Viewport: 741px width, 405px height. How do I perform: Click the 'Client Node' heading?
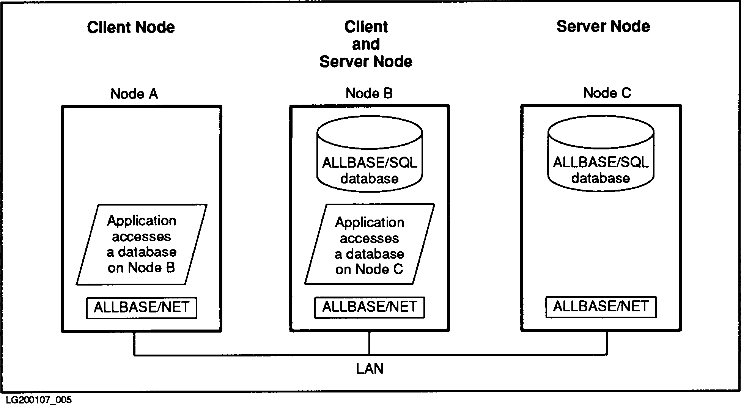coord(131,27)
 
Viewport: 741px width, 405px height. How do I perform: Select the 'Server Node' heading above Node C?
coord(603,26)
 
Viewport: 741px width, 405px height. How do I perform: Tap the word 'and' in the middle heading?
coord(366,44)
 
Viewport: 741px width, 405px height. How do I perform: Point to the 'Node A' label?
coord(134,94)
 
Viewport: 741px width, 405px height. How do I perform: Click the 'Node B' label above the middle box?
coord(369,93)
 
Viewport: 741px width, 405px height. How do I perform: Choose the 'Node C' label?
coord(607,93)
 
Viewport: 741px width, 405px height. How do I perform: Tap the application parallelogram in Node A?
coord(142,245)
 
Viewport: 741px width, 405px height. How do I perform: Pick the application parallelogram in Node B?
coord(370,245)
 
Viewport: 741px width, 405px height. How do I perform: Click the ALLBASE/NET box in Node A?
coord(142,308)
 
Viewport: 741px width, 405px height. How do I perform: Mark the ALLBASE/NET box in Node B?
coord(370,307)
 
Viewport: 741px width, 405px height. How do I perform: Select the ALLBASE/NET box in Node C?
coord(601,306)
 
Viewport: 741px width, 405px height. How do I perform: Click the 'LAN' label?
coord(370,369)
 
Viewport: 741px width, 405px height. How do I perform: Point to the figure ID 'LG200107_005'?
coord(39,400)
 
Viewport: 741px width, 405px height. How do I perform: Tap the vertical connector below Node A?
coord(134,344)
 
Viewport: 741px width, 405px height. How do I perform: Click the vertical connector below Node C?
coord(607,343)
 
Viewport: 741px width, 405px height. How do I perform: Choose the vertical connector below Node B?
coord(369,343)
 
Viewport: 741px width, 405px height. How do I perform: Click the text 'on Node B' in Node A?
coord(141,268)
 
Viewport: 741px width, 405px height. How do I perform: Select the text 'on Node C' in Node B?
coord(369,269)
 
